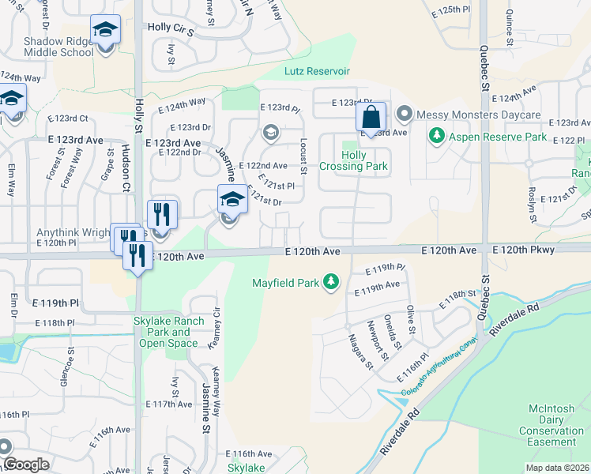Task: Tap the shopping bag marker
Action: pos(371,118)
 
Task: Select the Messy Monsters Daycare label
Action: pos(479,115)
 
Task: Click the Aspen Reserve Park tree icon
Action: pos(435,137)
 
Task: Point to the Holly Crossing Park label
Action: pos(353,161)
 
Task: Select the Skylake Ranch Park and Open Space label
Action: pos(168,332)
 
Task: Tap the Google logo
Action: pos(27,465)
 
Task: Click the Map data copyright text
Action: pos(557,468)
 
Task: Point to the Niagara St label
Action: pos(360,351)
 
